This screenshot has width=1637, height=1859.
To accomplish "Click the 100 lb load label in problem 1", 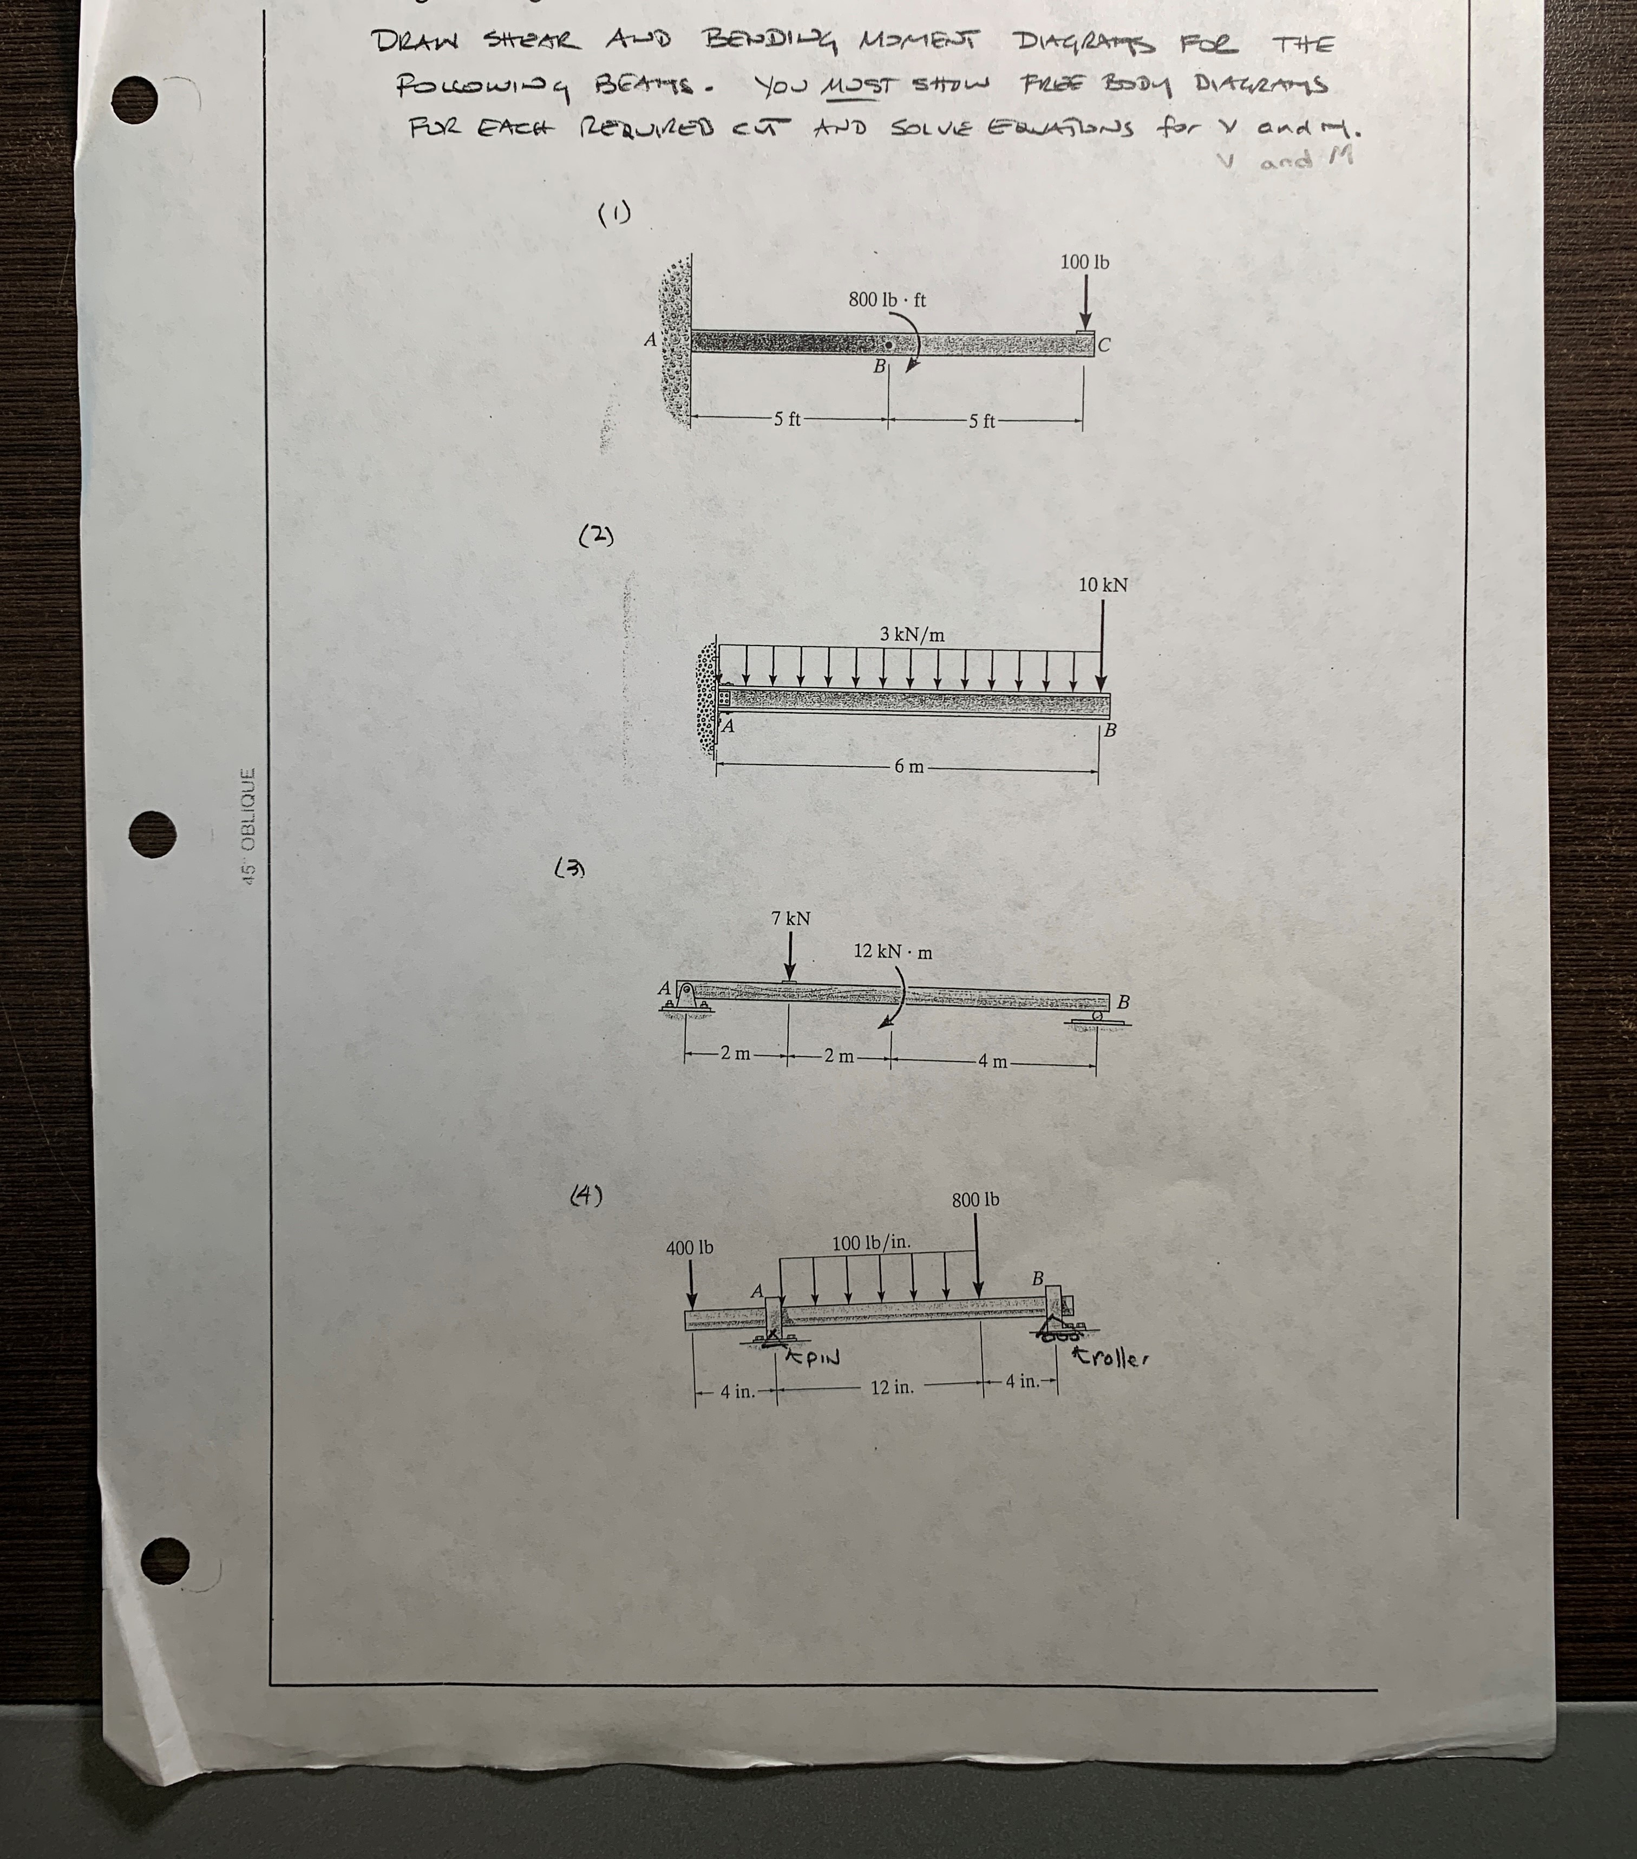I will [1084, 263].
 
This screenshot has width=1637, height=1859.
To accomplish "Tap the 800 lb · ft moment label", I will [887, 300].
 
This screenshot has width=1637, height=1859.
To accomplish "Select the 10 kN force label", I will [1102, 585].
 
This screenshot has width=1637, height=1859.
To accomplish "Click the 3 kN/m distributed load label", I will [912, 635].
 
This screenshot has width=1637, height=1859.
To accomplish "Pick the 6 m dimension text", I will [908, 767].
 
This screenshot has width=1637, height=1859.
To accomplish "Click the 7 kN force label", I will [790, 918].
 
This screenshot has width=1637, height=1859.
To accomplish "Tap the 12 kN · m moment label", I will [892, 952].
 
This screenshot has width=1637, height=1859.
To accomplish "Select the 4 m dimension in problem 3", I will [993, 1061].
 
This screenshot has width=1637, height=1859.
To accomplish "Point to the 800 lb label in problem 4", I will [975, 1199].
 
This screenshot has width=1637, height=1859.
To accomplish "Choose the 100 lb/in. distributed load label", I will [871, 1242].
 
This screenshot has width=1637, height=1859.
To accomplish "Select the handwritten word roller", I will [1115, 1360].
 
